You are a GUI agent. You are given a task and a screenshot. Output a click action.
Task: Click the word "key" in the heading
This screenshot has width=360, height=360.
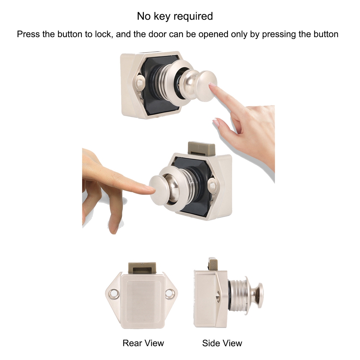[162, 16]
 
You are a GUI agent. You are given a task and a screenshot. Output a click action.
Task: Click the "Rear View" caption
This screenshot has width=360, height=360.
[143, 343]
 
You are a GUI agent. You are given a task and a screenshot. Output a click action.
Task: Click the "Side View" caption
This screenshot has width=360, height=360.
[222, 343]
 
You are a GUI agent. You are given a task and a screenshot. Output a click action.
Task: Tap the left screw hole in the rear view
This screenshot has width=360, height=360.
[113, 294]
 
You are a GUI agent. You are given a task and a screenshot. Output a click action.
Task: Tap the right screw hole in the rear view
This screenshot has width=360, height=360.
[170, 294]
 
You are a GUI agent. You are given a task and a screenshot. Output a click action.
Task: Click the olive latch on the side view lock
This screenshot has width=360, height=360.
[213, 264]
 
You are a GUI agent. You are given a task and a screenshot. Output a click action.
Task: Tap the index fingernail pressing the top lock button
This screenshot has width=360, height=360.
[212, 85]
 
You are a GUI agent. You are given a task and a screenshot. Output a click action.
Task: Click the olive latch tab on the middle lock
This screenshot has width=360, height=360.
[201, 148]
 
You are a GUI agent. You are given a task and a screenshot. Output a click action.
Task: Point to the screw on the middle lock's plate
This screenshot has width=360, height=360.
[212, 186]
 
